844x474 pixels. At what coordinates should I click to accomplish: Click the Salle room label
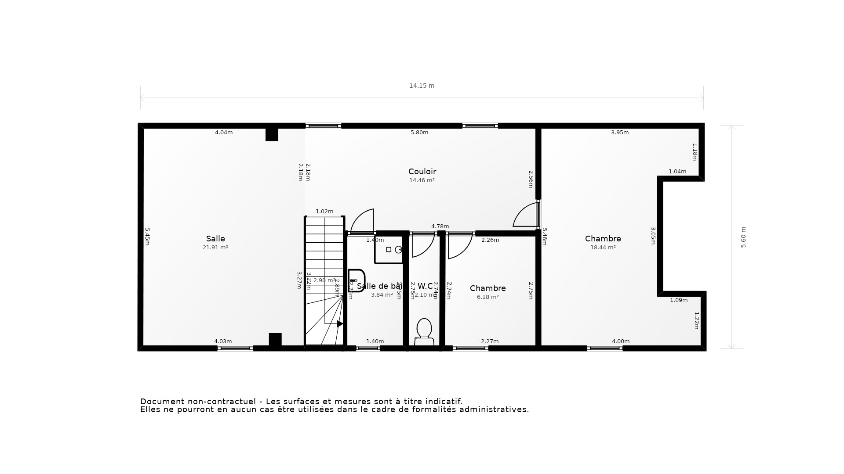tap(215, 239)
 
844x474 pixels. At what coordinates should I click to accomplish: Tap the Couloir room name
tap(422, 172)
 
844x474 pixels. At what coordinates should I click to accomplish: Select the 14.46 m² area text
tap(422, 180)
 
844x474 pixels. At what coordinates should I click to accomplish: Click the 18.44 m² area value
tap(603, 248)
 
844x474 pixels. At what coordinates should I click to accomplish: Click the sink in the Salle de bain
tap(357, 280)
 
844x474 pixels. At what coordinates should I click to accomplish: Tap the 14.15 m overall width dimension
tap(422, 86)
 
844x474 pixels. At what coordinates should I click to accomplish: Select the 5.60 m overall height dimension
tap(743, 237)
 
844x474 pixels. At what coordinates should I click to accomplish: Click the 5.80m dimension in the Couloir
tap(419, 133)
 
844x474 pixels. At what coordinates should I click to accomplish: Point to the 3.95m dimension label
tap(620, 133)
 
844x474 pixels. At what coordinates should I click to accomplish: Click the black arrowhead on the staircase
tap(340, 324)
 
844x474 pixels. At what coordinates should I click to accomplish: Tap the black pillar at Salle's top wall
tap(272, 134)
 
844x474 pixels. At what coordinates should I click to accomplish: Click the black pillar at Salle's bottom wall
tap(275, 339)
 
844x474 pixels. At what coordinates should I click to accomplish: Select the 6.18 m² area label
tap(487, 297)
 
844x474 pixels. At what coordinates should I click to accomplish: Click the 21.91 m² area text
tap(215, 248)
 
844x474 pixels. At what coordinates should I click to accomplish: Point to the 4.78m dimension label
tap(440, 226)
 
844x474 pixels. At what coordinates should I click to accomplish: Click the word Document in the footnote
tap(162, 402)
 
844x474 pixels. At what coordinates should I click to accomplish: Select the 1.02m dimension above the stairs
tap(324, 212)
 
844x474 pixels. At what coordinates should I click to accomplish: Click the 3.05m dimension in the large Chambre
tap(653, 236)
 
